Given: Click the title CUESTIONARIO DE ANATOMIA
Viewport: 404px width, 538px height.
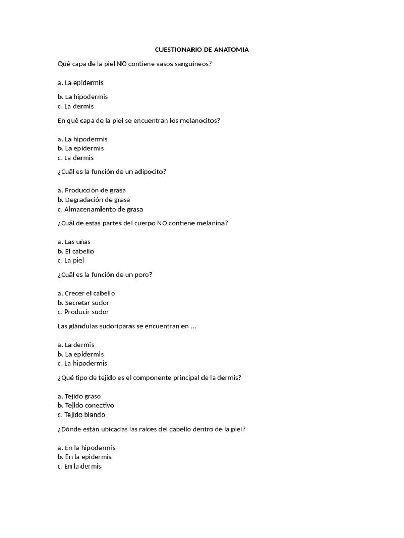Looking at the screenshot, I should click(x=201, y=50).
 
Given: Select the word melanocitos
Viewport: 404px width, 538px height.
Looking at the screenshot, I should click(x=201, y=120).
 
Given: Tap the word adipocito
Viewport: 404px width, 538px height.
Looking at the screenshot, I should click(x=149, y=172).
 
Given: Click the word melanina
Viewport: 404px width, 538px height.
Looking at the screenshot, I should click(x=211, y=223).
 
